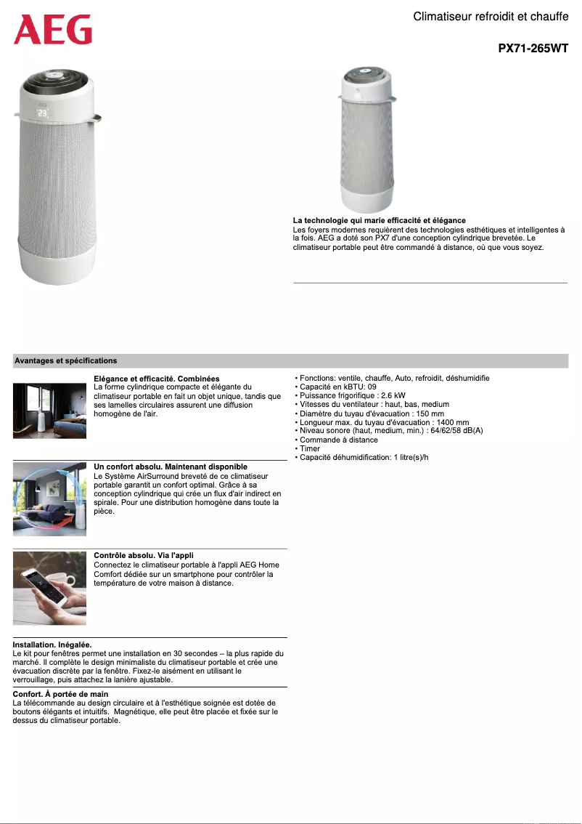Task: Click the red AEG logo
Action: (x=53, y=30)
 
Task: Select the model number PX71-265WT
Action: (x=533, y=49)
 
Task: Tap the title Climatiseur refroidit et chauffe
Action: (x=491, y=17)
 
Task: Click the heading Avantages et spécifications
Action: (x=66, y=360)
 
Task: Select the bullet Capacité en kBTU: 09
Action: (x=336, y=387)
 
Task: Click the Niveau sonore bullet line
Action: (x=389, y=431)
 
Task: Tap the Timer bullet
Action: (x=308, y=448)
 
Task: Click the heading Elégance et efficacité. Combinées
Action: (x=157, y=379)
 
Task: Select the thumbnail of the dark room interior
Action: (x=49, y=411)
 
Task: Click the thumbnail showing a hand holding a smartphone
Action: (x=49, y=587)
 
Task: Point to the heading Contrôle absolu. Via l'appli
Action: (x=144, y=555)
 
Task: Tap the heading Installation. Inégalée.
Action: (x=52, y=645)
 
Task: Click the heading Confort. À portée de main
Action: (x=60, y=695)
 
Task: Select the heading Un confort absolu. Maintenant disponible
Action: (x=171, y=466)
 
